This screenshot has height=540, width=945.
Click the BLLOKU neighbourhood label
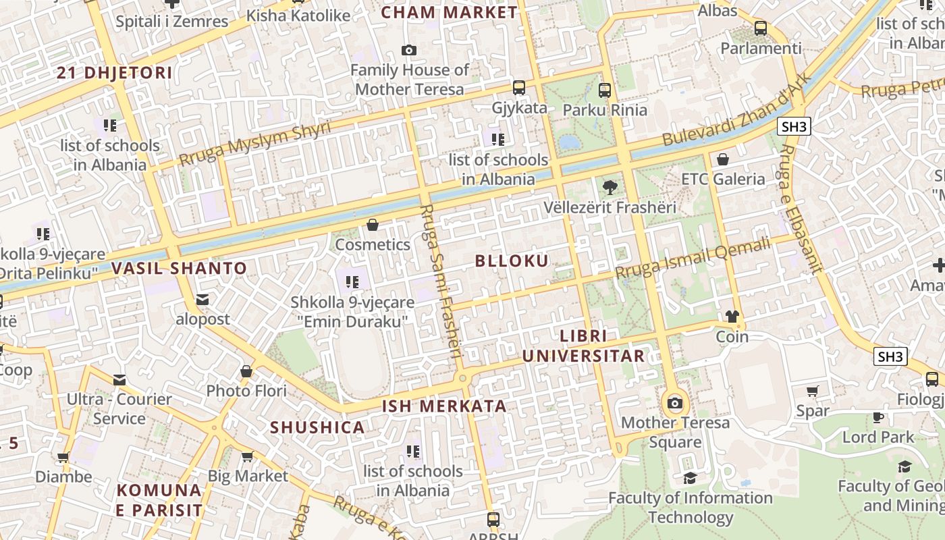click(512, 261)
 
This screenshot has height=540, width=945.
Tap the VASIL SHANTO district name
click(180, 269)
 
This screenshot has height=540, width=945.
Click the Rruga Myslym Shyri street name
click(255, 144)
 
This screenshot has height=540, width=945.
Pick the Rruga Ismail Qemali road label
click(693, 259)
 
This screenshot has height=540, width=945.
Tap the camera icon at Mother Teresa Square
click(674, 404)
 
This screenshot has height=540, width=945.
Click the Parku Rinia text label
click(605, 110)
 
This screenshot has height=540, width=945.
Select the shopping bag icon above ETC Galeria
click(723, 159)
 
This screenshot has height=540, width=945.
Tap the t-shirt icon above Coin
click(732, 316)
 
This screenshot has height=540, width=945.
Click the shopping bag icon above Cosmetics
click(373, 225)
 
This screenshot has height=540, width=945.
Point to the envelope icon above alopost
click(202, 300)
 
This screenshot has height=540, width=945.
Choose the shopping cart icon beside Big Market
click(247, 457)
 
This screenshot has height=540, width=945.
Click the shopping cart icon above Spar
click(813, 391)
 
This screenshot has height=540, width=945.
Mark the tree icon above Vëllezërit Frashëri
click(610, 187)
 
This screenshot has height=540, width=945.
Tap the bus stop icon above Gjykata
click(518, 88)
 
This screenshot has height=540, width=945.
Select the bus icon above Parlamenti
click(761, 28)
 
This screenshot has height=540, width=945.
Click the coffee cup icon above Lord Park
click(878, 418)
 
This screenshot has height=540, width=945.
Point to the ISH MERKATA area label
click(444, 406)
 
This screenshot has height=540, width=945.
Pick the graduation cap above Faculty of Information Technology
click(690, 479)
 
